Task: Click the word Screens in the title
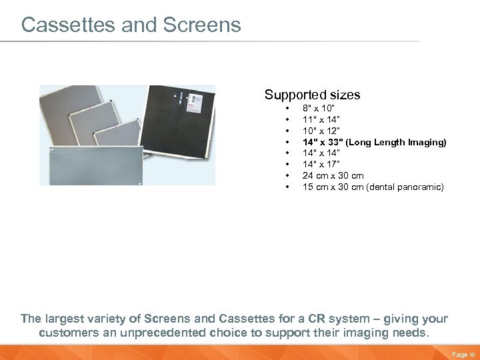[199, 25]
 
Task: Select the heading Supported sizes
[312, 95]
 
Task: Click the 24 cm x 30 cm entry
[333, 176]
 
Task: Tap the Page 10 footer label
[461, 355]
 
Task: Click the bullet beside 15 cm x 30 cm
[287, 187]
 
